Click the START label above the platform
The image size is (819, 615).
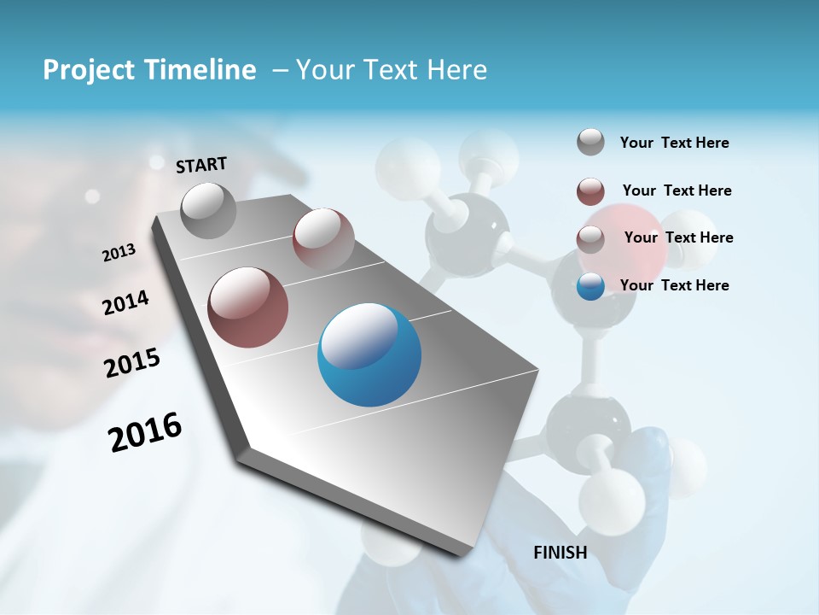201,165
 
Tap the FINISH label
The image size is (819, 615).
561,553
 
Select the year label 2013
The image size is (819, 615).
119,253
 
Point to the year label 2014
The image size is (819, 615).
125,303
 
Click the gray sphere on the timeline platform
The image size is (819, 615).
209,210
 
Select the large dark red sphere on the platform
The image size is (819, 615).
248,307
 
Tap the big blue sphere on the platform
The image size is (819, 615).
369,354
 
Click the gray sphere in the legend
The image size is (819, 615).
590,143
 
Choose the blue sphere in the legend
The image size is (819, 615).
590,286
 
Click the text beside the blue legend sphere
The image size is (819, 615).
674,285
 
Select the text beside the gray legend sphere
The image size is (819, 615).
674,143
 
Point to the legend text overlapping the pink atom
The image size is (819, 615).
678,237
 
